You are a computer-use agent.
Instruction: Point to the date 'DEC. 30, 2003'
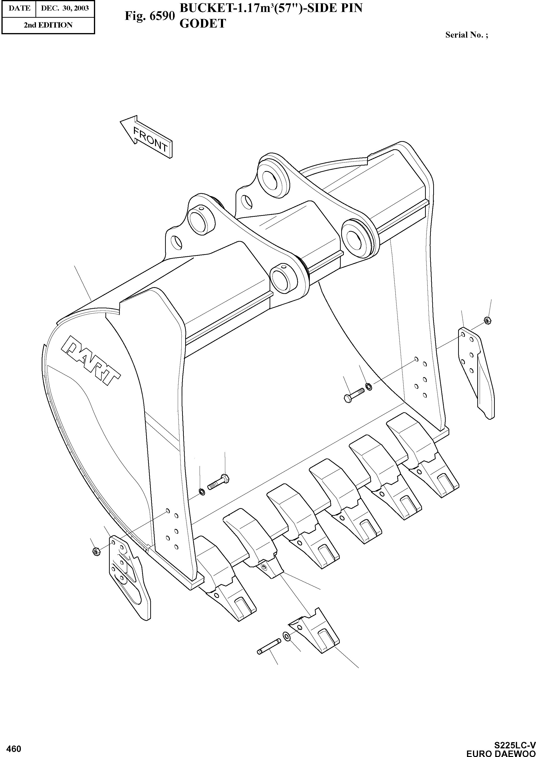click(x=65, y=8)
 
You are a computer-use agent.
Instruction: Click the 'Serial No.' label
click(x=466, y=35)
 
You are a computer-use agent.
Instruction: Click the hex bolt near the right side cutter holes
click(x=353, y=394)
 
